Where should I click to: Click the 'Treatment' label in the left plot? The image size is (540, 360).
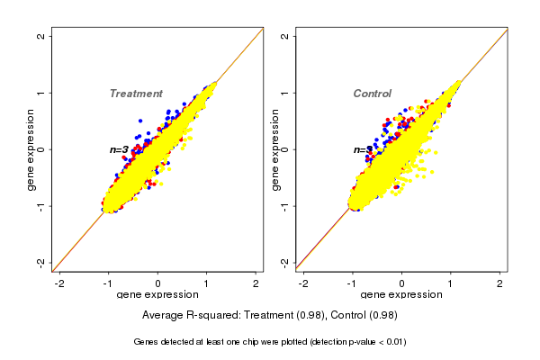coord(136,94)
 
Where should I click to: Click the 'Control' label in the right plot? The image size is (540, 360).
coord(372,94)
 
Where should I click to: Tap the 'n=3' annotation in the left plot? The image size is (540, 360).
coord(119,149)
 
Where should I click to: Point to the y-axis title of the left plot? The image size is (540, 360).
coord(32,149)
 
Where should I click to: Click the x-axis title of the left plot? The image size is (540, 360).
coord(157,295)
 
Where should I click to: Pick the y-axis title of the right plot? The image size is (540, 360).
coord(275,149)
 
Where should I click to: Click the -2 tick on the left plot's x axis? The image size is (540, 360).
coord(59,283)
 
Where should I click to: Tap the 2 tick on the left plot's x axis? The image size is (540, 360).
coord(256,283)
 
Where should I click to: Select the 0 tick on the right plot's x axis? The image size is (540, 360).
coord(402,283)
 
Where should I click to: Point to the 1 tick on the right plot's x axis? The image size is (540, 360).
coord(451,283)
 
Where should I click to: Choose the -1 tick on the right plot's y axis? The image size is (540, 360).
coord(285,206)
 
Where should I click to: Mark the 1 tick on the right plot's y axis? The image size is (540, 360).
coord(285,93)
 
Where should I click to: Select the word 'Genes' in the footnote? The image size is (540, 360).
coord(147,342)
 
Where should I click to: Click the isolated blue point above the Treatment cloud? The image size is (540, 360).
coord(140,120)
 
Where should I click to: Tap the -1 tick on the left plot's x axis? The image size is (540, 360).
coord(108,283)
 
